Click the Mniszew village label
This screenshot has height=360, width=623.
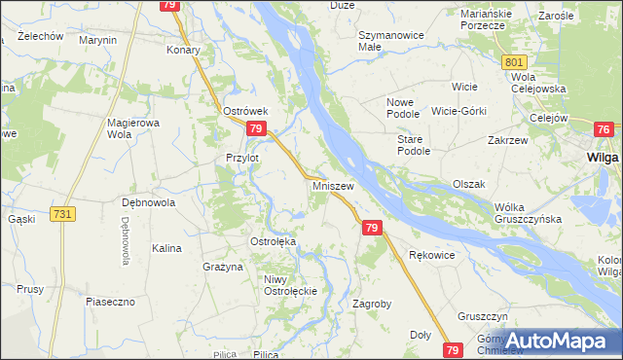(332, 184)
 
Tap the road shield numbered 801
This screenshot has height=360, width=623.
(516, 62)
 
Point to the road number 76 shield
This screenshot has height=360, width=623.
(604, 130)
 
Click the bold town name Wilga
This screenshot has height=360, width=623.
(604, 156)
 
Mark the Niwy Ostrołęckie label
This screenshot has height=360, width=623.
(292, 286)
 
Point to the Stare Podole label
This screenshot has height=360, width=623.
(413, 146)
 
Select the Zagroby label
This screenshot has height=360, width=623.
(371, 304)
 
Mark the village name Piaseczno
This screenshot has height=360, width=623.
(109, 302)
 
